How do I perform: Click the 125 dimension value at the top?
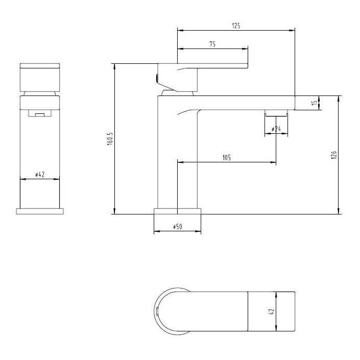tap(236, 25)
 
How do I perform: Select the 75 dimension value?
tap(212, 44)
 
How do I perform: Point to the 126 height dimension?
tap(332, 155)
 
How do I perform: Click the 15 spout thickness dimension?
tap(315, 103)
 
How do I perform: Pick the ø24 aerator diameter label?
tap(276, 130)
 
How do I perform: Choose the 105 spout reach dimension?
tap(226, 158)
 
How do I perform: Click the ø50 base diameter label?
tap(177, 226)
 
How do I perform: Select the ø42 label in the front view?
tap(40, 175)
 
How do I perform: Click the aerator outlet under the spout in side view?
tap(276, 113)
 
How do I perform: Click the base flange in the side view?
tap(177, 211)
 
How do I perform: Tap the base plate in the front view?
tap(40, 210)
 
